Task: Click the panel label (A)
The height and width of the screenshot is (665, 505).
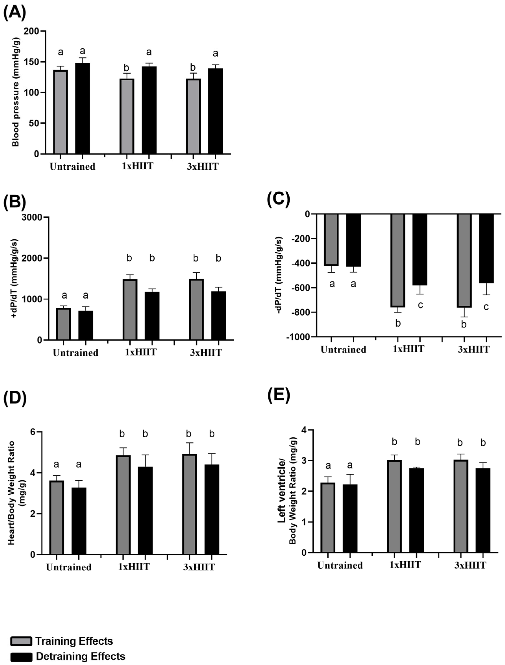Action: coord(14,13)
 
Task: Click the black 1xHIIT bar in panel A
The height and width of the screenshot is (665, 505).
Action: coord(149,110)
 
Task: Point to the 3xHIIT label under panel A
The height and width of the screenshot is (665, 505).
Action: coord(203,166)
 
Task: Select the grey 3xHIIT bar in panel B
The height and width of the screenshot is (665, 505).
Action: coord(196,310)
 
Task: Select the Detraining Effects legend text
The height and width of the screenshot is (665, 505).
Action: coord(80,656)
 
